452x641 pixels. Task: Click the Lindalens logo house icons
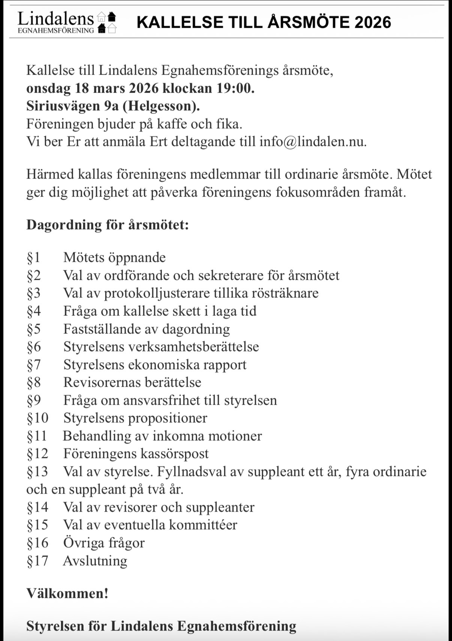pos(107,23)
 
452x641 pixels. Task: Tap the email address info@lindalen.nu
pos(313,142)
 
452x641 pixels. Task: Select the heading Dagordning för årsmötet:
pos(108,225)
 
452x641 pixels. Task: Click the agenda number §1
pos(33,257)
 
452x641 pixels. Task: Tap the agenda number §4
pos(34,311)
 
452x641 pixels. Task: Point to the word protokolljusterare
pos(157,293)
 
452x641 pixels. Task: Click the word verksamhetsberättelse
pos(193,347)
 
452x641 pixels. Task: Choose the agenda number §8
pos(34,382)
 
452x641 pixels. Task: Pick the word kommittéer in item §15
pos(203,525)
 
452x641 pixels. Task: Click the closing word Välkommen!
pos(67,593)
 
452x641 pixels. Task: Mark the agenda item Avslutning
pos(95,561)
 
